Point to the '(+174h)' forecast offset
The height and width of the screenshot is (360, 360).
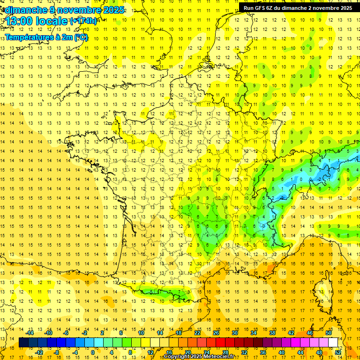[x=83, y=21]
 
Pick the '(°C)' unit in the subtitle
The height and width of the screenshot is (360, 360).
[x=80, y=37]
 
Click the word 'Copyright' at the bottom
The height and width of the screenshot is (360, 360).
[x=178, y=357]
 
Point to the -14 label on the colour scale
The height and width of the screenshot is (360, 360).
[x=30, y=332]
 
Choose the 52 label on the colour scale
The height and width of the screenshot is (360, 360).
[x=338, y=352]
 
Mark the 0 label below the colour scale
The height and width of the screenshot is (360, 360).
[x=93, y=352]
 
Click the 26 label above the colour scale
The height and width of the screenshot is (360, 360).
[x=216, y=332]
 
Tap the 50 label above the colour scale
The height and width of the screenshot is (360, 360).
[x=329, y=332]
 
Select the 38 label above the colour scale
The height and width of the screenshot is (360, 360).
[x=272, y=332]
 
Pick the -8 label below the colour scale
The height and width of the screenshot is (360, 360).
[x=57, y=352]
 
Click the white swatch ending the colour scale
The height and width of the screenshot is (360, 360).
[x=333, y=343]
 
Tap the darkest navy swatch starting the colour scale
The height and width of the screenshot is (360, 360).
[x=23, y=343]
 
